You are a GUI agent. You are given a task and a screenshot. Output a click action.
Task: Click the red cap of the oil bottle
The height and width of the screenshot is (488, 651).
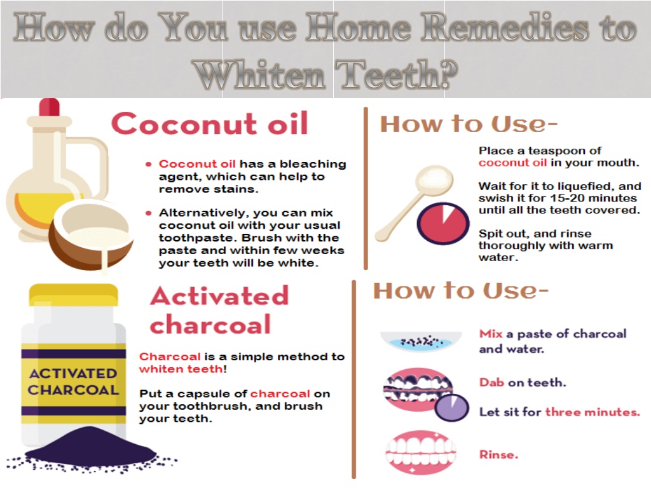click(50, 107)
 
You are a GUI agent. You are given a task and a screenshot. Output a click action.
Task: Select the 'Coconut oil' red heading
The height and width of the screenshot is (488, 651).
click(210, 124)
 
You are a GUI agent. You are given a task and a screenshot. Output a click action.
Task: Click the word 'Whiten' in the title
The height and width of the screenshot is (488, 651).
click(259, 74)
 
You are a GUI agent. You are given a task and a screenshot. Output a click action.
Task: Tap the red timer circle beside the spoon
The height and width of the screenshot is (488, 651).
click(443, 223)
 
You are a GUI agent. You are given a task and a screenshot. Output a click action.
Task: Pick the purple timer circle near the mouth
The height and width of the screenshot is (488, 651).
click(452, 407)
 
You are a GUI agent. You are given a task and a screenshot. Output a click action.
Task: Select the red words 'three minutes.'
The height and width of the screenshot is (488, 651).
click(593, 412)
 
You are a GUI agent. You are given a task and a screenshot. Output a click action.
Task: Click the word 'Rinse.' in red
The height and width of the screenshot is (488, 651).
click(498, 455)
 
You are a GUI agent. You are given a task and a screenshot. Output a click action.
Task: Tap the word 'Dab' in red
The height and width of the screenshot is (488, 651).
click(491, 382)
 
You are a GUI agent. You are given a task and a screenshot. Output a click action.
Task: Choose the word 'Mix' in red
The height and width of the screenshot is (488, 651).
click(491, 334)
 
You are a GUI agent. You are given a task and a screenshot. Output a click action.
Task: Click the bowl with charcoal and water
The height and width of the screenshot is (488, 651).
click(421, 341)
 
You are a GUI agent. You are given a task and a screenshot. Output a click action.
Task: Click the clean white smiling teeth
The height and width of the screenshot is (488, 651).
click(421, 452)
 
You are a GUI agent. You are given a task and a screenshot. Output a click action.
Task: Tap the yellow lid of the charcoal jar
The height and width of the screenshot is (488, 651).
click(74, 295)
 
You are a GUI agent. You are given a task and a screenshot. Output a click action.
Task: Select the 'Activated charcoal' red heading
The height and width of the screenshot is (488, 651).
click(219, 310)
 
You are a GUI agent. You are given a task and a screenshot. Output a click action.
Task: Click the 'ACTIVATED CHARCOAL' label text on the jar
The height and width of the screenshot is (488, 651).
click(73, 382)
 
